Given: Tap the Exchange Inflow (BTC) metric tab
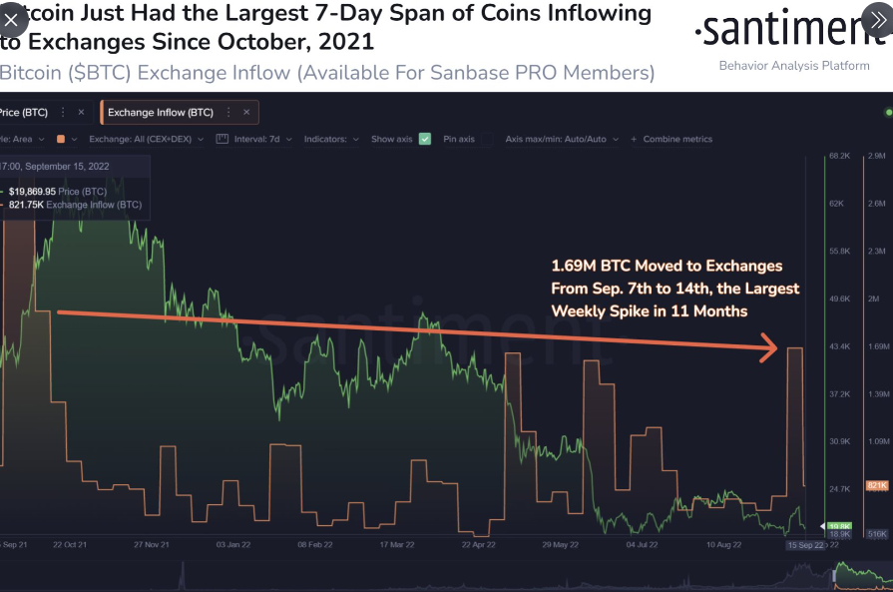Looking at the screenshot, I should pos(161,113).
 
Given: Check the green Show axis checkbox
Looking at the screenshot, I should pos(425,139).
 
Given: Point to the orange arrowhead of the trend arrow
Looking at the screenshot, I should pos(769,347).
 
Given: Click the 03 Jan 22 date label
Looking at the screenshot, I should pos(232,545).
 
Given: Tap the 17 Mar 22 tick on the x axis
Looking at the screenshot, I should pos(396,545).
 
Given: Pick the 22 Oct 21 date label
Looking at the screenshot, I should pos(70,545).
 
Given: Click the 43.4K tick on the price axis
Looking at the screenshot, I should pos(839,346).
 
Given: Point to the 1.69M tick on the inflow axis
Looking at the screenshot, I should pos(878,346).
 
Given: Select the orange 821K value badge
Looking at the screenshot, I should pos(877,485).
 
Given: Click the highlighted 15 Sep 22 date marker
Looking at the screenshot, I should pos(804,545).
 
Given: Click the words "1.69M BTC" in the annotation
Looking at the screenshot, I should pos(591,267).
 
